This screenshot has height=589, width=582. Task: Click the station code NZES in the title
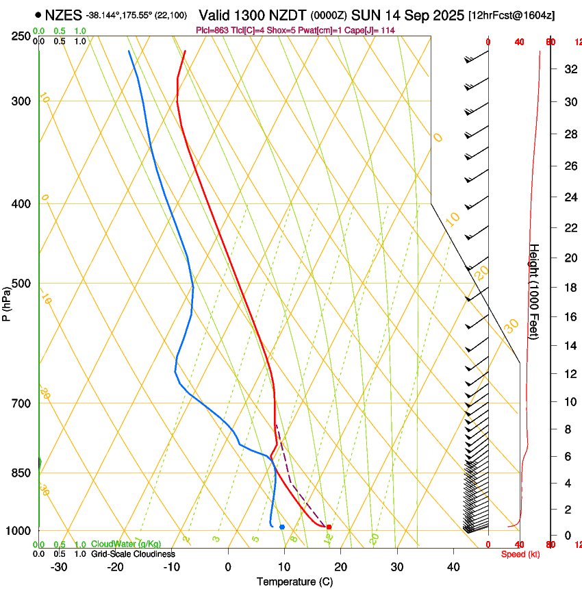[x=63, y=14]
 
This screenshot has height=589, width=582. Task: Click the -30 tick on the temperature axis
[x=59, y=566]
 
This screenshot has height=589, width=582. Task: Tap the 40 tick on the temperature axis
[x=453, y=566]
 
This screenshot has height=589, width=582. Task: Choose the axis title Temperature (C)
[x=294, y=581]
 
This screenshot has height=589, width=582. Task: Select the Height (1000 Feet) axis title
[x=534, y=292]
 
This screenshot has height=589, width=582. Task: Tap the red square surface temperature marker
[x=329, y=527]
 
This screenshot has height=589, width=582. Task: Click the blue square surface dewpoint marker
[x=281, y=527]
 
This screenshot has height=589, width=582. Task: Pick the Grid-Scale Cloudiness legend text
[x=133, y=554]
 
